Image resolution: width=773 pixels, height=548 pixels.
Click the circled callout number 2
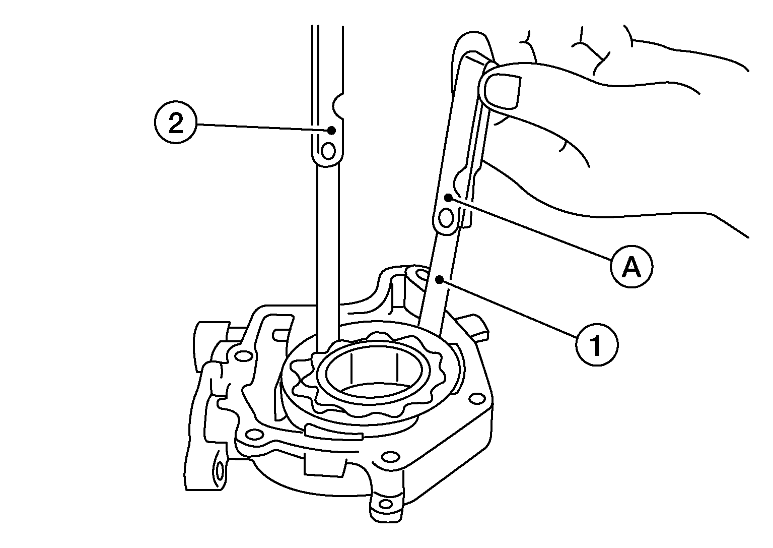pyautogui.click(x=175, y=123)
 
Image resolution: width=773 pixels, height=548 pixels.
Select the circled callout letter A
pyautogui.click(x=631, y=267)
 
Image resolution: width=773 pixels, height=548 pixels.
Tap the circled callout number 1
pyautogui.click(x=597, y=344)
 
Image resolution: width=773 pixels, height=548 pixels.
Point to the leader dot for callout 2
pyautogui.click(x=332, y=130)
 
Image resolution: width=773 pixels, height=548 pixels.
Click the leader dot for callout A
pyautogui.click(x=448, y=198)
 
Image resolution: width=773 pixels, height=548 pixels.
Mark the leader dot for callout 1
pyautogui.click(x=439, y=279)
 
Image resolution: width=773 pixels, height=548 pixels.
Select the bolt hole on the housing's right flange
pyautogui.click(x=477, y=399)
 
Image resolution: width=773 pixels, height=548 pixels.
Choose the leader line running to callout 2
pyautogui.click(x=264, y=127)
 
